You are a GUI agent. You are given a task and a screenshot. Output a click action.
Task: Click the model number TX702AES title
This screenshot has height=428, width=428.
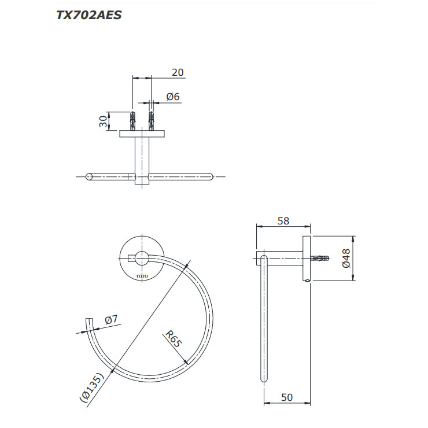88,15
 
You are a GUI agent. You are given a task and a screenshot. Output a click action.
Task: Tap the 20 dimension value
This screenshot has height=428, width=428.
178,72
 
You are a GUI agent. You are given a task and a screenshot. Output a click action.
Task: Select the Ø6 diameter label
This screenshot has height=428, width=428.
173,97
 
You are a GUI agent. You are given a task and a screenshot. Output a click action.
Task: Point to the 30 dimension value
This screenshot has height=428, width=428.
103,121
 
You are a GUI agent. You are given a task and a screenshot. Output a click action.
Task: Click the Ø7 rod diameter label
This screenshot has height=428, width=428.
111,320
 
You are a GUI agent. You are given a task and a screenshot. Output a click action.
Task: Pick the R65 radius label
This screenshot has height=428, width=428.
174,339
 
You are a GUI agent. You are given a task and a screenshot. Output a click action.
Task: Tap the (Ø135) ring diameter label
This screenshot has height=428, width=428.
92,388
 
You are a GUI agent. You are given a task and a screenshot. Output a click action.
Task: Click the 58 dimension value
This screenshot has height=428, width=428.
283,221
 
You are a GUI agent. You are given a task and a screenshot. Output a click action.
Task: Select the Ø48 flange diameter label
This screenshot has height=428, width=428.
346,258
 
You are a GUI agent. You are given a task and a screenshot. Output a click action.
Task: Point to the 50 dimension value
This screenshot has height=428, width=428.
287,397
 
